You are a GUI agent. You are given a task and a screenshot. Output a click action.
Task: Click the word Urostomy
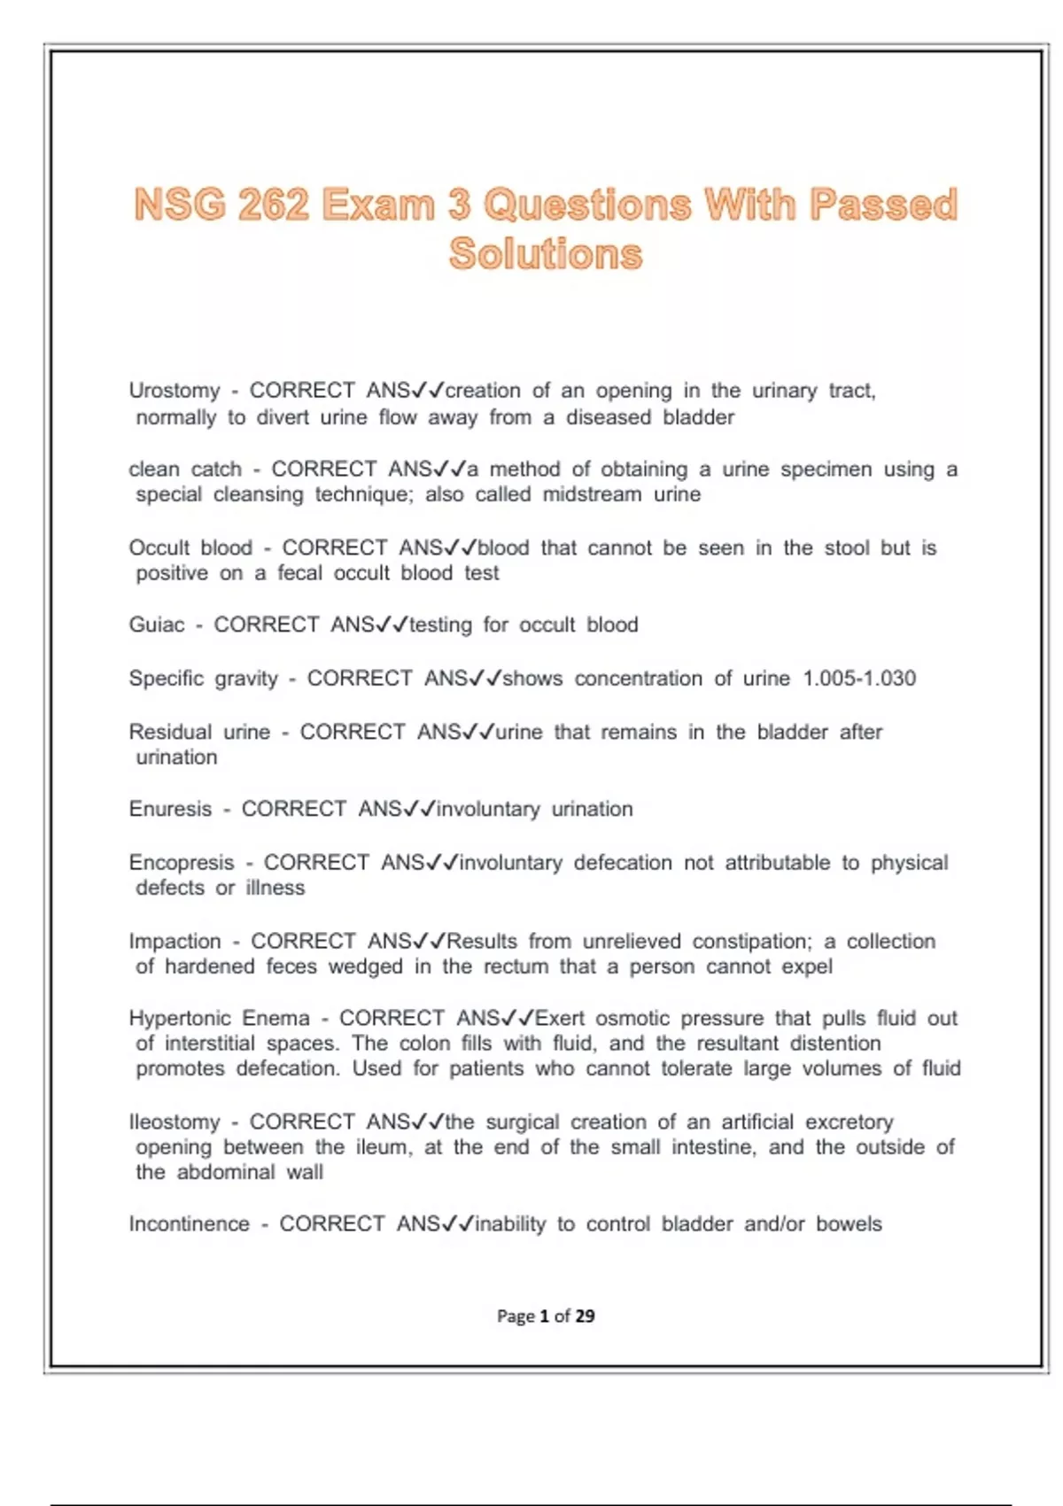(174, 391)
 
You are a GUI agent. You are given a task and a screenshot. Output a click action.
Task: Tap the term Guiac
(157, 625)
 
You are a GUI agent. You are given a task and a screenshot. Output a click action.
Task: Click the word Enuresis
(170, 810)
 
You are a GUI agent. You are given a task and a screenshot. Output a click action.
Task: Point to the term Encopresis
(182, 863)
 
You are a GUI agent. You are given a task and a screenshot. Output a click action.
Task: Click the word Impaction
(175, 942)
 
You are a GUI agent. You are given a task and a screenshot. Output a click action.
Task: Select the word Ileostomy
(175, 1122)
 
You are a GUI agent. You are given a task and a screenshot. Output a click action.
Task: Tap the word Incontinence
(190, 1224)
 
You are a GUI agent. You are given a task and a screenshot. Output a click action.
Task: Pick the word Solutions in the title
(546, 254)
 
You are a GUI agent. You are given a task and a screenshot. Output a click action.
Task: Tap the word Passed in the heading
(883, 205)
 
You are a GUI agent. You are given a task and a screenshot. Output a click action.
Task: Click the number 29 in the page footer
(585, 1316)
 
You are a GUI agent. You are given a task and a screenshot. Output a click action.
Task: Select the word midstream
(592, 494)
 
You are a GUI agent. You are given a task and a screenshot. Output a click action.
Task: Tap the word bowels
(849, 1224)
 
